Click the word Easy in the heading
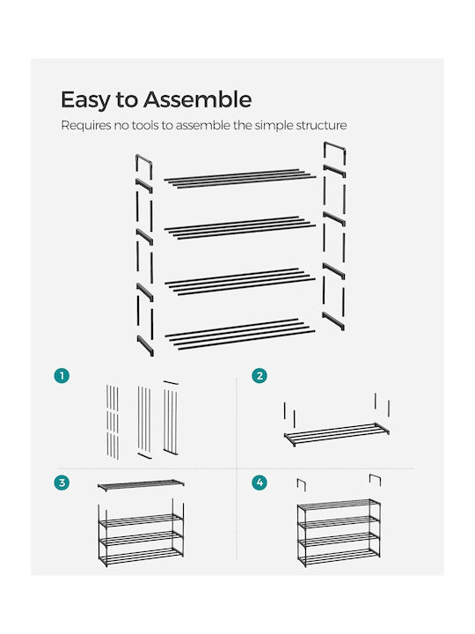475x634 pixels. (x=85, y=100)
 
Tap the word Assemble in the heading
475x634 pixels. (x=198, y=99)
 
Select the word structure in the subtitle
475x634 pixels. (x=321, y=125)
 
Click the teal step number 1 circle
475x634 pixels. (x=62, y=376)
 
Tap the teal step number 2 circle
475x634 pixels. (x=259, y=376)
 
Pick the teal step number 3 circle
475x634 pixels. (x=62, y=483)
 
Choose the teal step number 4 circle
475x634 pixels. (x=259, y=483)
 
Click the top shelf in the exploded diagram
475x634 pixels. (x=240, y=178)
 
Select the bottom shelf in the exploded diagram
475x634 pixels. (x=240, y=334)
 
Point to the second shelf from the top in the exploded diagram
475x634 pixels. (x=240, y=228)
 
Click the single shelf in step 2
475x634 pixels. (x=336, y=434)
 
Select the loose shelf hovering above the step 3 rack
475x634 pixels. (x=141, y=485)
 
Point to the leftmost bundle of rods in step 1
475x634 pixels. (x=113, y=422)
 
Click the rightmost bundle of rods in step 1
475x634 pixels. (x=171, y=417)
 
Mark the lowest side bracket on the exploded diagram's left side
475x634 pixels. (x=145, y=346)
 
